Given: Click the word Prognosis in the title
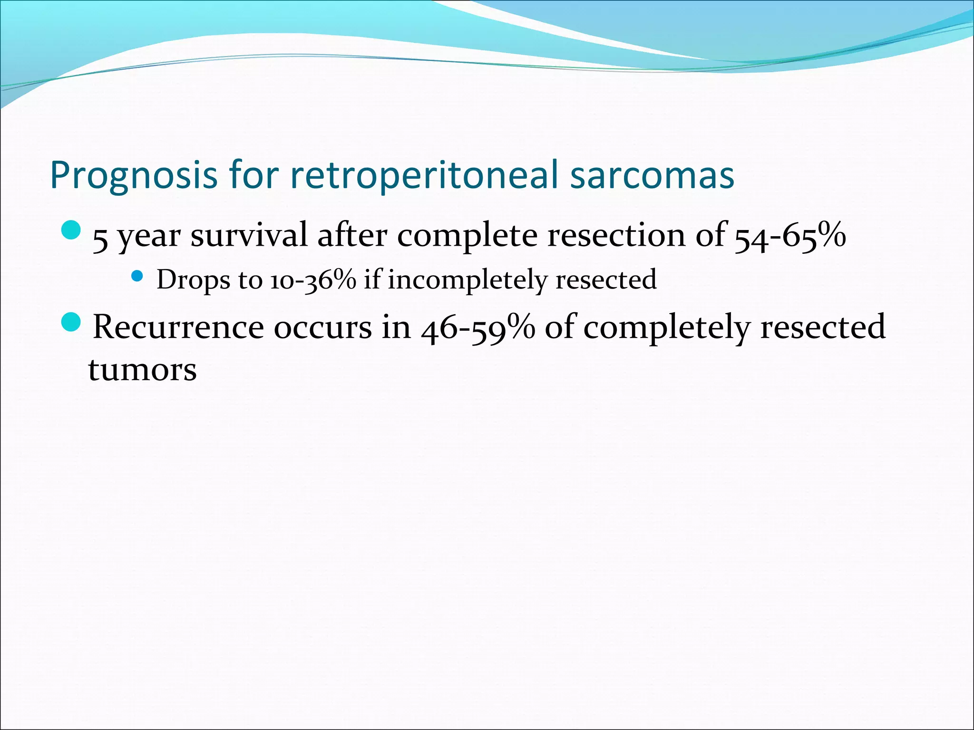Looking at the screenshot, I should click(134, 176).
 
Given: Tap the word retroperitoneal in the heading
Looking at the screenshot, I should click(423, 176).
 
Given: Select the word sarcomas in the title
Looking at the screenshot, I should click(652, 176).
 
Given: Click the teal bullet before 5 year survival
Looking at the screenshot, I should click(72, 230).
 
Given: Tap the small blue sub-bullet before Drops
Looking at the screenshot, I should click(137, 276).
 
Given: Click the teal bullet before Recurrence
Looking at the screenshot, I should click(72, 322).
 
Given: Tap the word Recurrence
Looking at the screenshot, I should click(178, 327).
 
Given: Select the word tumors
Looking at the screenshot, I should click(142, 370).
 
